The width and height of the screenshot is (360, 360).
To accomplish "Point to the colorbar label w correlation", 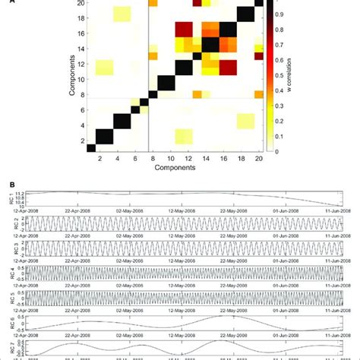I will pyautogui.click(x=302, y=76).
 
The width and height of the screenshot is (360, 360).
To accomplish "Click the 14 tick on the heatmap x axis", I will pyautogui.click(x=206, y=162).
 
